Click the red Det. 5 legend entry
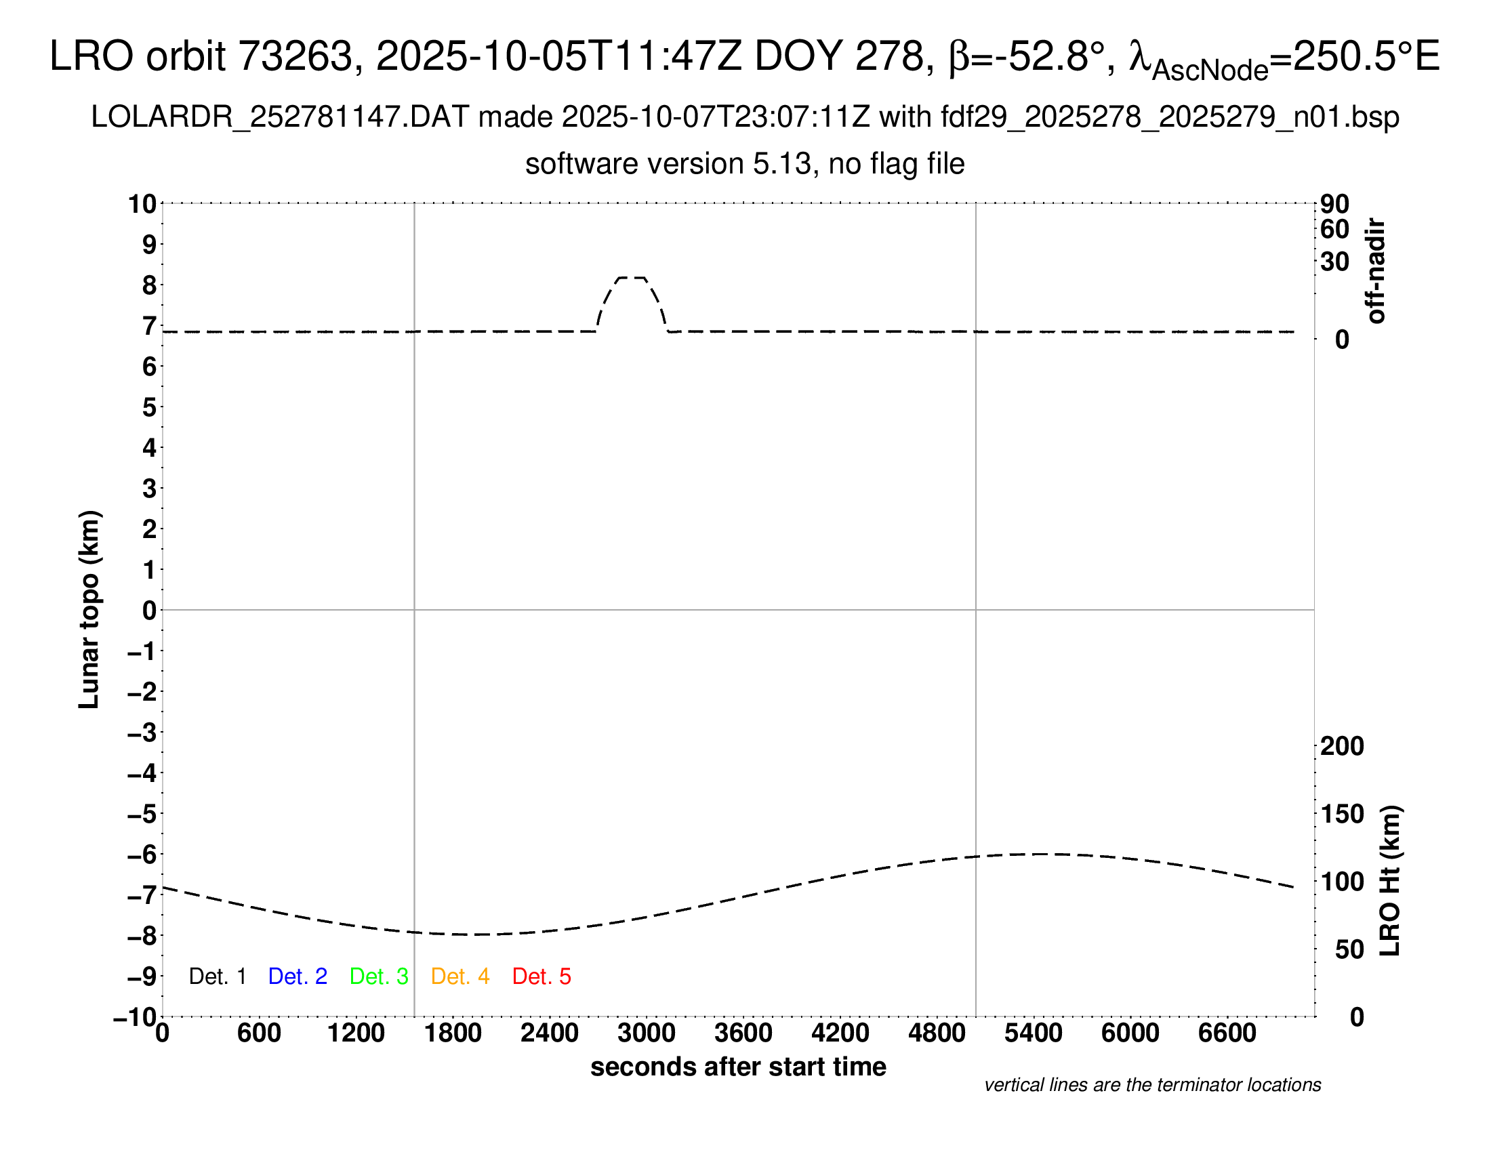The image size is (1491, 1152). coord(542,976)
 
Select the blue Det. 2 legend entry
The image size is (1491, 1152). coord(298,976)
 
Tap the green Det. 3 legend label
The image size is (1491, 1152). coord(379,976)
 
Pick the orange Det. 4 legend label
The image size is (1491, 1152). coord(460,976)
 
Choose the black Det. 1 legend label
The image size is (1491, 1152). coord(217,976)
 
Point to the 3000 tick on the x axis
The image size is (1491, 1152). coord(647,1033)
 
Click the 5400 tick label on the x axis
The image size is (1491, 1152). coord(1034,1033)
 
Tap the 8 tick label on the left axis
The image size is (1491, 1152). coord(150,285)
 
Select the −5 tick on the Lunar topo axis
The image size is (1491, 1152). coord(142,814)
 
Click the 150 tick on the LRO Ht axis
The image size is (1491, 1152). coord(1342,813)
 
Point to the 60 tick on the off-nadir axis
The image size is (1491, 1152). coord(1334,229)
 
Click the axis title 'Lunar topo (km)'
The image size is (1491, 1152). coord(89,609)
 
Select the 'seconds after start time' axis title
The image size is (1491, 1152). coord(738,1067)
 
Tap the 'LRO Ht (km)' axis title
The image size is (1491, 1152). coord(1390,881)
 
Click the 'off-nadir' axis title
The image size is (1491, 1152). coord(1376,271)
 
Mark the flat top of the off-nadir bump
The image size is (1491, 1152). coord(631,278)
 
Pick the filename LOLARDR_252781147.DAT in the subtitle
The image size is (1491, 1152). coord(280,117)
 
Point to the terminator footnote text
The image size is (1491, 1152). coord(1152,1085)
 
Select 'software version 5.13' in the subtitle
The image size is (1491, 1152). coord(668,164)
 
